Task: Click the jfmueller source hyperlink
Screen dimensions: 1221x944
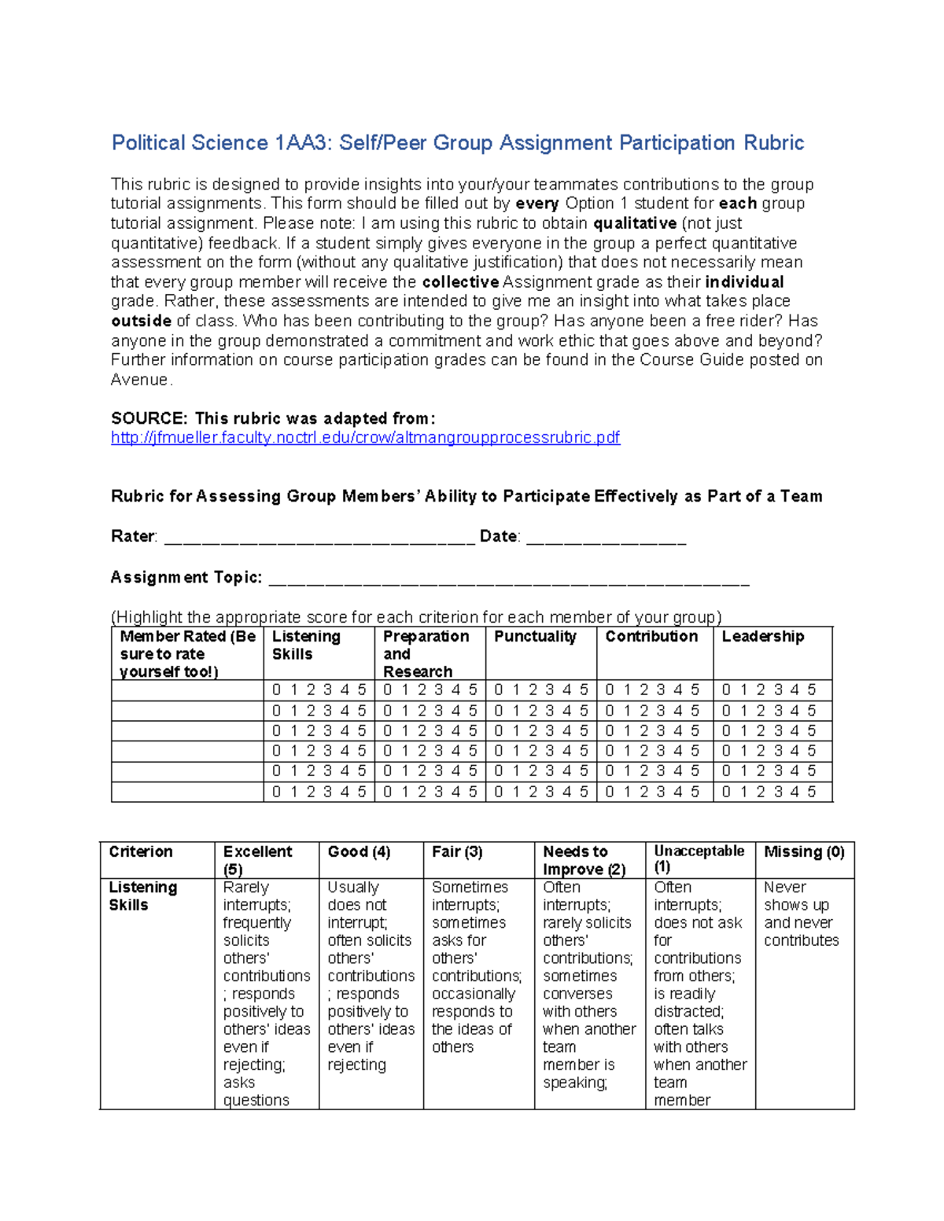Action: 365,438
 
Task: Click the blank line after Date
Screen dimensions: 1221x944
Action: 606,538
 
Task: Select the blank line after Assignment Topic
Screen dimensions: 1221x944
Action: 509,579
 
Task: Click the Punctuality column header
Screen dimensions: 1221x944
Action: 535,637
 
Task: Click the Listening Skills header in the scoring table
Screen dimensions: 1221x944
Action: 305,645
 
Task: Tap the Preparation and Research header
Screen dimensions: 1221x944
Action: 426,653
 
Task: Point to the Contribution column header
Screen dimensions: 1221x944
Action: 651,637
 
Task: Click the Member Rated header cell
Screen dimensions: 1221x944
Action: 187,653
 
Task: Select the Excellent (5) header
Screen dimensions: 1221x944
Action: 257,860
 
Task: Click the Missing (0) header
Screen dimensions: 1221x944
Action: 803,851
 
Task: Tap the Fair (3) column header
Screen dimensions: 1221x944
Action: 457,851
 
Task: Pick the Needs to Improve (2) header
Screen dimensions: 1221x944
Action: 584,860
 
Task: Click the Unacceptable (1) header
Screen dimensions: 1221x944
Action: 699,859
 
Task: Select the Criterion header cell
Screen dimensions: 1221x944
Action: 141,851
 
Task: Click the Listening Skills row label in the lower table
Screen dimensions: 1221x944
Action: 142,896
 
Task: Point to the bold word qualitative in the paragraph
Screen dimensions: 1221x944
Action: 634,223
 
